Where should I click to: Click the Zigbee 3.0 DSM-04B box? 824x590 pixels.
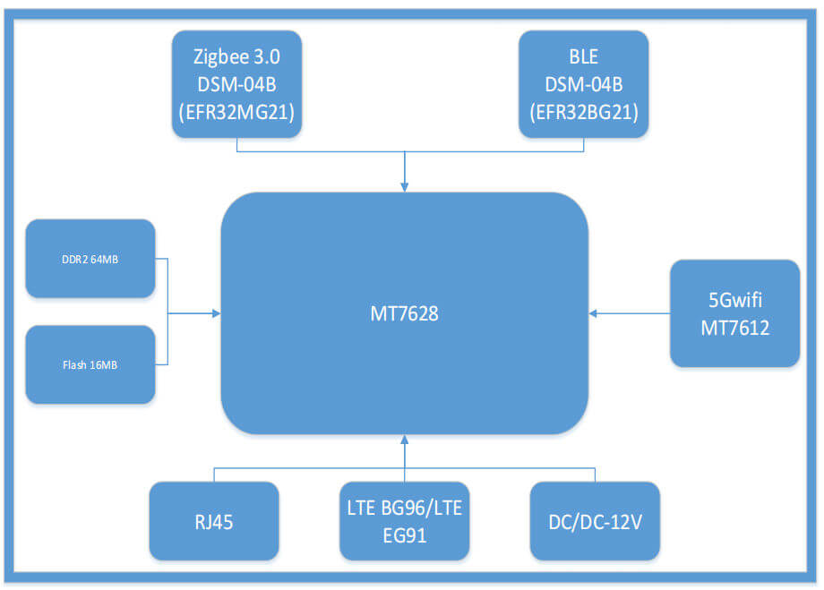[x=236, y=84]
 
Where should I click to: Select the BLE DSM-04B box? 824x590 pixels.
[x=583, y=84]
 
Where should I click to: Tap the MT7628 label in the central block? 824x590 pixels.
[x=405, y=314]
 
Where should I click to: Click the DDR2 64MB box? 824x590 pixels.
[x=90, y=259]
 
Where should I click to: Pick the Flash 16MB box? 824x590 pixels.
[x=90, y=364]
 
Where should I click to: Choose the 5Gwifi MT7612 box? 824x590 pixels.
[x=734, y=313]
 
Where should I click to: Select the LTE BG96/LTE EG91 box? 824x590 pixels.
[x=404, y=521]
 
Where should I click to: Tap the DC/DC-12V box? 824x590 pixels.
[x=595, y=521]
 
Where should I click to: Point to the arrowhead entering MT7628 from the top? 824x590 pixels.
[x=405, y=187]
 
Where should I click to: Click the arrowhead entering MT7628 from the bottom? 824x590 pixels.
[x=405, y=440]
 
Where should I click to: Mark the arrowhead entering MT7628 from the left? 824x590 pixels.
[x=215, y=313]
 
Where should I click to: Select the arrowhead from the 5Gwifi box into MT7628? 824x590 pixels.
[x=594, y=313]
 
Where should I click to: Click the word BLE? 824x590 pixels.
[x=583, y=56]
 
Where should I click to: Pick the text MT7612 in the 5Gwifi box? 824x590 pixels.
[x=734, y=328]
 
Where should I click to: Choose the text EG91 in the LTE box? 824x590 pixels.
[x=404, y=535]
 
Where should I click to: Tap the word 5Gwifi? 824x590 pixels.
[x=734, y=300]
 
